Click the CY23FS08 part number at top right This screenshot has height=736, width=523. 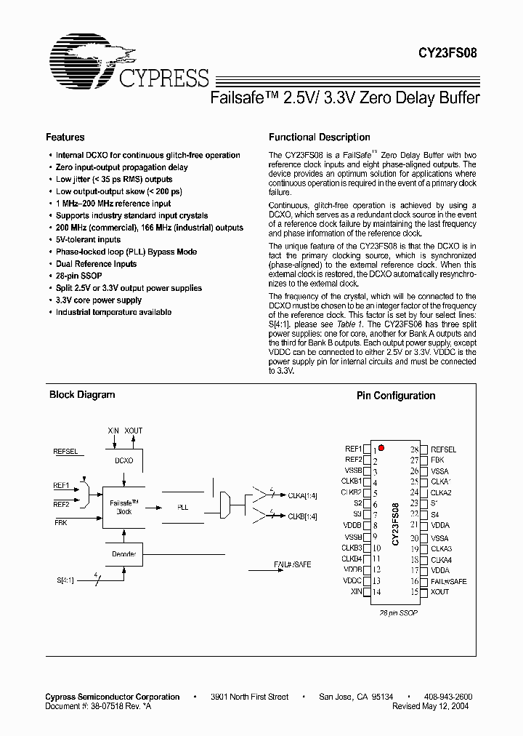447,52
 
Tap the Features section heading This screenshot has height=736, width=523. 65,137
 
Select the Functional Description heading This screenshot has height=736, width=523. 319,137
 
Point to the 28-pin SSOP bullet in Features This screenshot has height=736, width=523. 78,276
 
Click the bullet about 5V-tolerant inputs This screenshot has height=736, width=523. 88,239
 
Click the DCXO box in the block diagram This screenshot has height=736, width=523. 123,460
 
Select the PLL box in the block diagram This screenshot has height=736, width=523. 182,506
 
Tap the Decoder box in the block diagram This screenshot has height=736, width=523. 123,554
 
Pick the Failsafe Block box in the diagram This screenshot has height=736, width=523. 123,506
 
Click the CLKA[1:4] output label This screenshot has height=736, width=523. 298,496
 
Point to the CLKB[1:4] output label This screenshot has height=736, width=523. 298,516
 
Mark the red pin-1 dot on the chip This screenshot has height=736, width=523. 381,449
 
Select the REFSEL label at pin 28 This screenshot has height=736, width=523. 443,449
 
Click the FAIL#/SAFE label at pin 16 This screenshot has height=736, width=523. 449,581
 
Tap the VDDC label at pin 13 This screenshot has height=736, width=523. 353,581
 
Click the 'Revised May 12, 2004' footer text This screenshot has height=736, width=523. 431,705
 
